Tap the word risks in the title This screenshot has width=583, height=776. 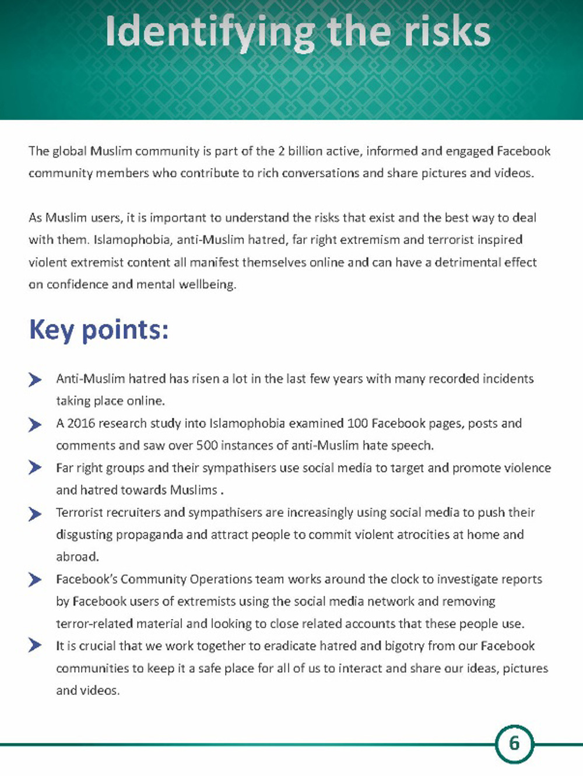click(447, 32)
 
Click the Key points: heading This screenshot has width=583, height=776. click(99, 330)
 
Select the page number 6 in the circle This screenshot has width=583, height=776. click(514, 743)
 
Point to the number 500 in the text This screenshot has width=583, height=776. click(207, 445)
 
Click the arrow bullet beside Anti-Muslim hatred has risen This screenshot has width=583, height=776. click(35, 380)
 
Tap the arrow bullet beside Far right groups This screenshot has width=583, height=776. click(35, 468)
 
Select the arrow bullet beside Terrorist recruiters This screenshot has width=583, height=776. click(35, 513)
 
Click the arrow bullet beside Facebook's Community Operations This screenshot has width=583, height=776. click(35, 579)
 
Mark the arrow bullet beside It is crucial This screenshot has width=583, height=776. click(35, 645)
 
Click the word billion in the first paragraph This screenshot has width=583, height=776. click(306, 151)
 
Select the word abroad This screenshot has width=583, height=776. click(77, 557)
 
